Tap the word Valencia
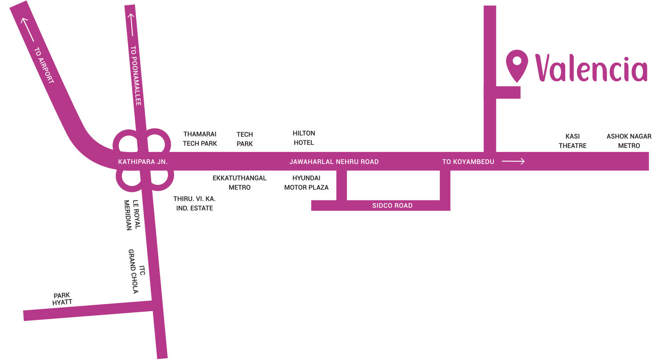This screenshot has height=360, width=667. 591,68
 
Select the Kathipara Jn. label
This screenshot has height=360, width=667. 143,162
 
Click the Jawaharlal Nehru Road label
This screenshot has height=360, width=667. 334,162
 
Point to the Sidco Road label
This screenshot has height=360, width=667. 392,205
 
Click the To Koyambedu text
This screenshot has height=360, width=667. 468,162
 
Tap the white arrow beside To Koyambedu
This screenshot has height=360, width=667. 513,161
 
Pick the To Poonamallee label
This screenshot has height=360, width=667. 136,76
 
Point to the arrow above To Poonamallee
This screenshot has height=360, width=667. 131,24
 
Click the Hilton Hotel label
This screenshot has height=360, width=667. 304,138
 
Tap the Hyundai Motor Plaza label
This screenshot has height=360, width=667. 306,183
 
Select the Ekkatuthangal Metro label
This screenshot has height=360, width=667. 240,183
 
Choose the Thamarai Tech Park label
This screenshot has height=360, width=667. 200,139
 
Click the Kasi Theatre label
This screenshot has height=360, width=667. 573,141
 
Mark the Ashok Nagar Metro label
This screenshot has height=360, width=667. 629,141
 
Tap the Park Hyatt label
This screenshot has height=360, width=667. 62,299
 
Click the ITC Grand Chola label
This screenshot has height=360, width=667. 137,271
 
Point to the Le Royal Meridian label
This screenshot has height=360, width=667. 133,215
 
